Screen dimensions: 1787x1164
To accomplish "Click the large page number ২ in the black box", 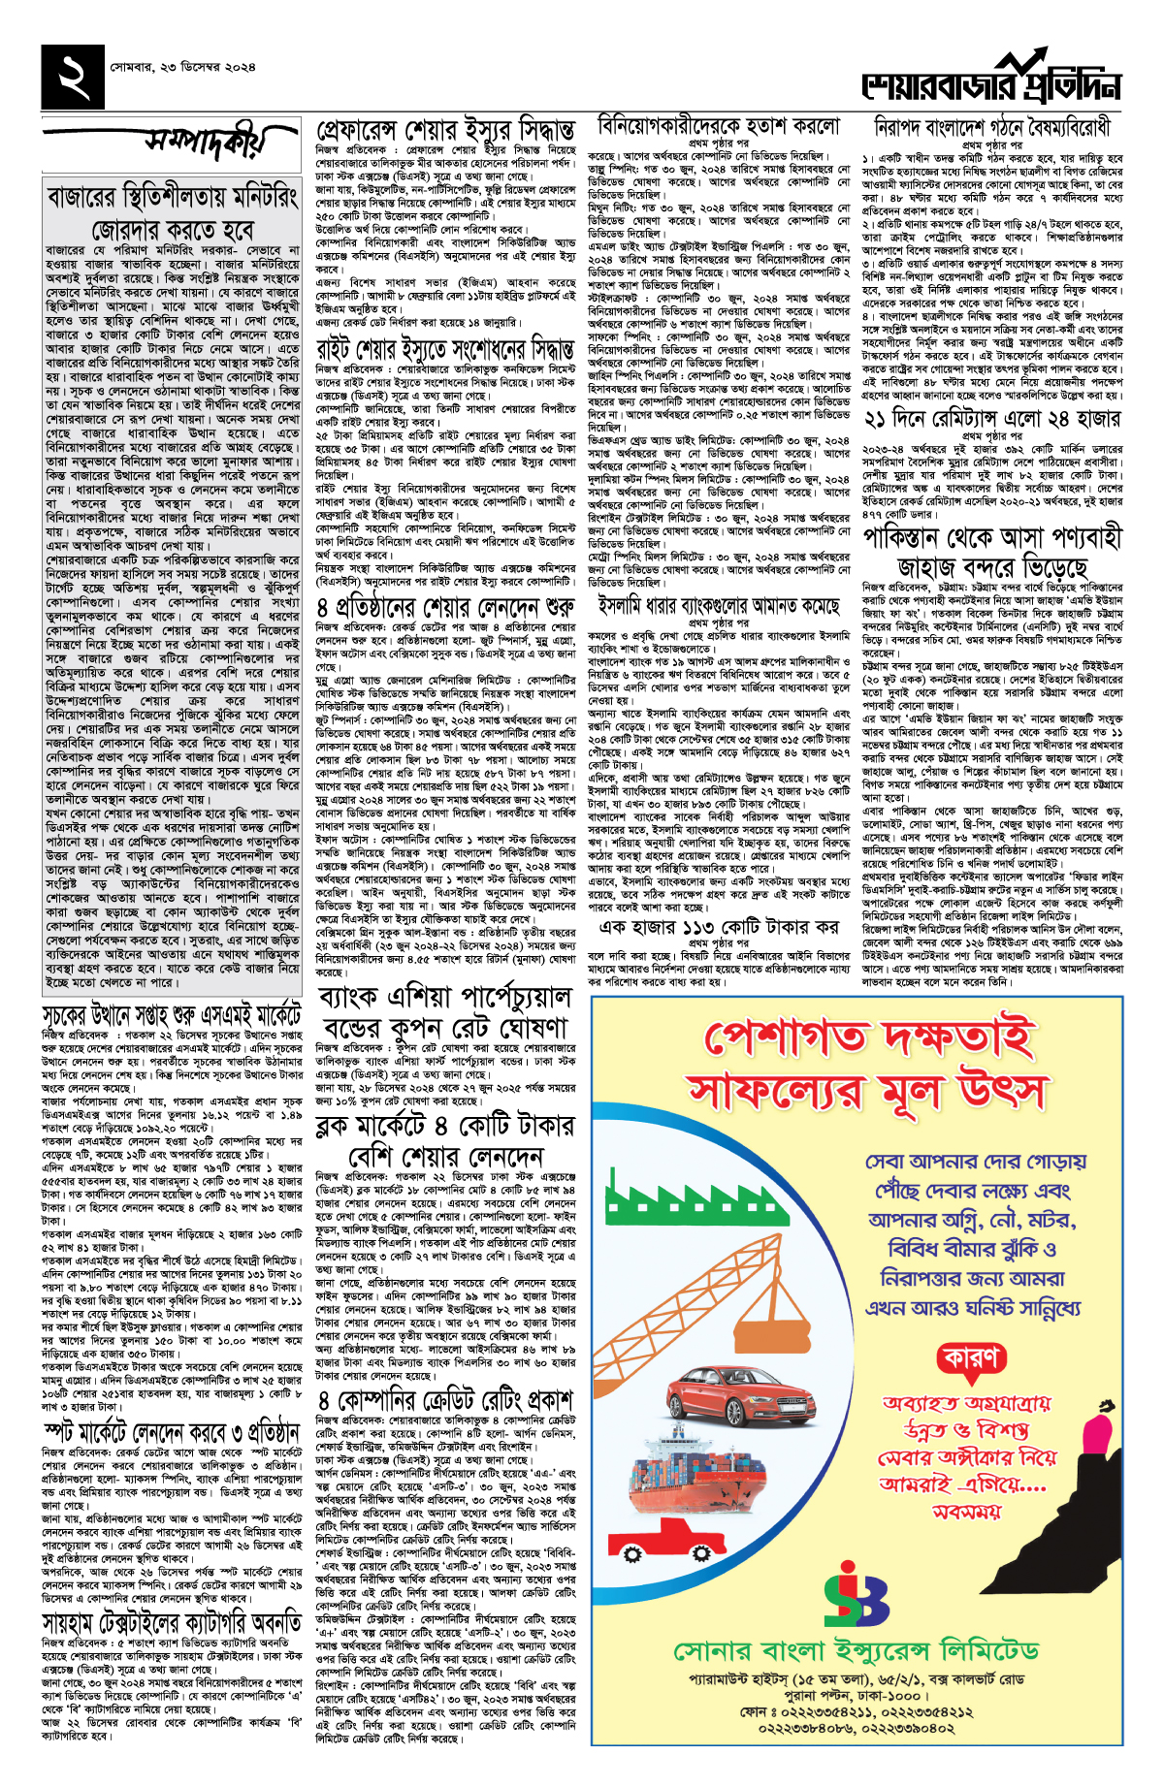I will (x=74, y=77).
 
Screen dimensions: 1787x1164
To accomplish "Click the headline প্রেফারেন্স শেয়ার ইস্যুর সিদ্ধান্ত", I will (x=446, y=130).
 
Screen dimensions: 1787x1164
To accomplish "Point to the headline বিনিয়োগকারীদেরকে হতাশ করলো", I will (x=718, y=126).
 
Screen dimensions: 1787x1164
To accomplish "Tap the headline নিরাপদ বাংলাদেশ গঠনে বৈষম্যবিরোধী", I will (x=991, y=128).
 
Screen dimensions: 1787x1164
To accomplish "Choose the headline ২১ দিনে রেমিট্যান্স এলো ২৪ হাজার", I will (x=991, y=418).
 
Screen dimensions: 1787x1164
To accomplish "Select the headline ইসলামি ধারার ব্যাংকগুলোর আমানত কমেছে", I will (x=718, y=606).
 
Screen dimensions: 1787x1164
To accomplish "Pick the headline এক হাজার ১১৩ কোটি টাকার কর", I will (x=718, y=926).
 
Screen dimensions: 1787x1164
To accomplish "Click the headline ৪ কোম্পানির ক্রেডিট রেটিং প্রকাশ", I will (x=446, y=1400).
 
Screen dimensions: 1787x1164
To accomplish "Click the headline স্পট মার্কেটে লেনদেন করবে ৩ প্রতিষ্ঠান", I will (x=173, y=1431).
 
